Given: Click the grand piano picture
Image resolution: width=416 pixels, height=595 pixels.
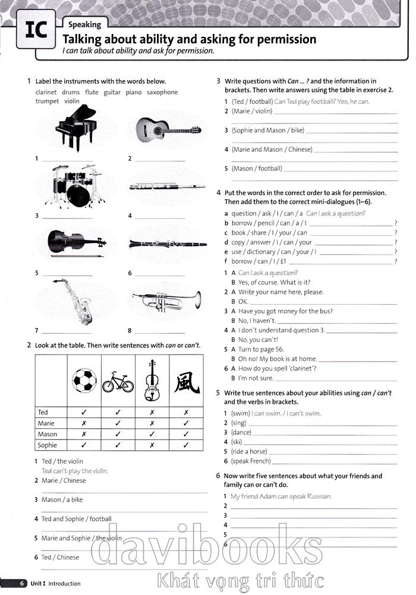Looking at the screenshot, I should tap(75, 127).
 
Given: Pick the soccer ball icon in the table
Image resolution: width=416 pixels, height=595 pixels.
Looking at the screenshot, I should tap(84, 381).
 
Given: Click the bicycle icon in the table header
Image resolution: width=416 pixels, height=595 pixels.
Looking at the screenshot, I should tap(118, 382).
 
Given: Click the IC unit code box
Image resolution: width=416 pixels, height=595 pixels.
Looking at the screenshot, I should tap(36, 30).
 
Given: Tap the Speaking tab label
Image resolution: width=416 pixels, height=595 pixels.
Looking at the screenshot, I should tap(84, 24).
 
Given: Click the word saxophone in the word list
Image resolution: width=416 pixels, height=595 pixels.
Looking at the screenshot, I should tap(162, 93).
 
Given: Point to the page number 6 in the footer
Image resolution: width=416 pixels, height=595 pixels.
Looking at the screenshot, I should tap(22, 583).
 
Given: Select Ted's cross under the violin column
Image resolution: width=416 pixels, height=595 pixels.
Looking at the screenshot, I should tap(152, 413).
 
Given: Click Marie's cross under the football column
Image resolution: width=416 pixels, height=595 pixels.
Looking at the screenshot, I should tap(84, 423).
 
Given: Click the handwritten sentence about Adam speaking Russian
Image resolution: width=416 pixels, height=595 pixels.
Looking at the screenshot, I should tap(281, 496).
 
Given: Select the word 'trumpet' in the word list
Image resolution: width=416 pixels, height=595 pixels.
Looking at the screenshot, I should tap(47, 102).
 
